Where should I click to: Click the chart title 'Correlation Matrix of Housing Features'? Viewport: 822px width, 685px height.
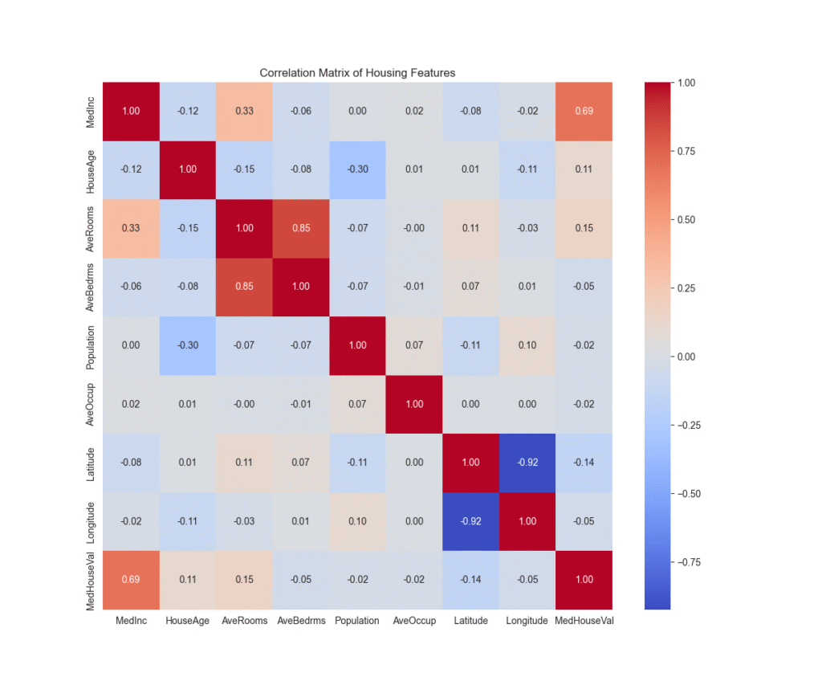(357, 73)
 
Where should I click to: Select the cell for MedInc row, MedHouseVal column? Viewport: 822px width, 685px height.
(584, 112)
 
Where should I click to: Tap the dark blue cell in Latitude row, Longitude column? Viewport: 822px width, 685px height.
(527, 463)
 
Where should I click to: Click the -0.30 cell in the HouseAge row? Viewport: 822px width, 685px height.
(357, 169)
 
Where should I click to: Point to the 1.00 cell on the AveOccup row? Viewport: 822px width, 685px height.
(414, 404)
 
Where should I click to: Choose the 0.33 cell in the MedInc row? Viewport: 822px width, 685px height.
(244, 112)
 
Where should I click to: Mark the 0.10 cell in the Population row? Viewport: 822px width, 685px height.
(527, 345)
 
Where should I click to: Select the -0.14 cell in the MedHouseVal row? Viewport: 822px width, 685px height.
(470, 580)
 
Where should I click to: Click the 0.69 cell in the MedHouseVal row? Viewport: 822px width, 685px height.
(131, 580)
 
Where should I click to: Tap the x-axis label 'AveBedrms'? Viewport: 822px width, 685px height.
(301, 621)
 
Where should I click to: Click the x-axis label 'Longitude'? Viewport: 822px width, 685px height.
(527, 621)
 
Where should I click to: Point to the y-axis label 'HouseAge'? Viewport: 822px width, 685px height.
(92, 169)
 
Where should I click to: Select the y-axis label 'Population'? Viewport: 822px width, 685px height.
(92, 345)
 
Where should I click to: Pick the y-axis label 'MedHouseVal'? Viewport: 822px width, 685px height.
(92, 580)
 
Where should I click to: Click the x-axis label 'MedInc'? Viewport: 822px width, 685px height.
(131, 621)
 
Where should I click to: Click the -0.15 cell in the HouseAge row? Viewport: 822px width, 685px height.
(244, 169)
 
